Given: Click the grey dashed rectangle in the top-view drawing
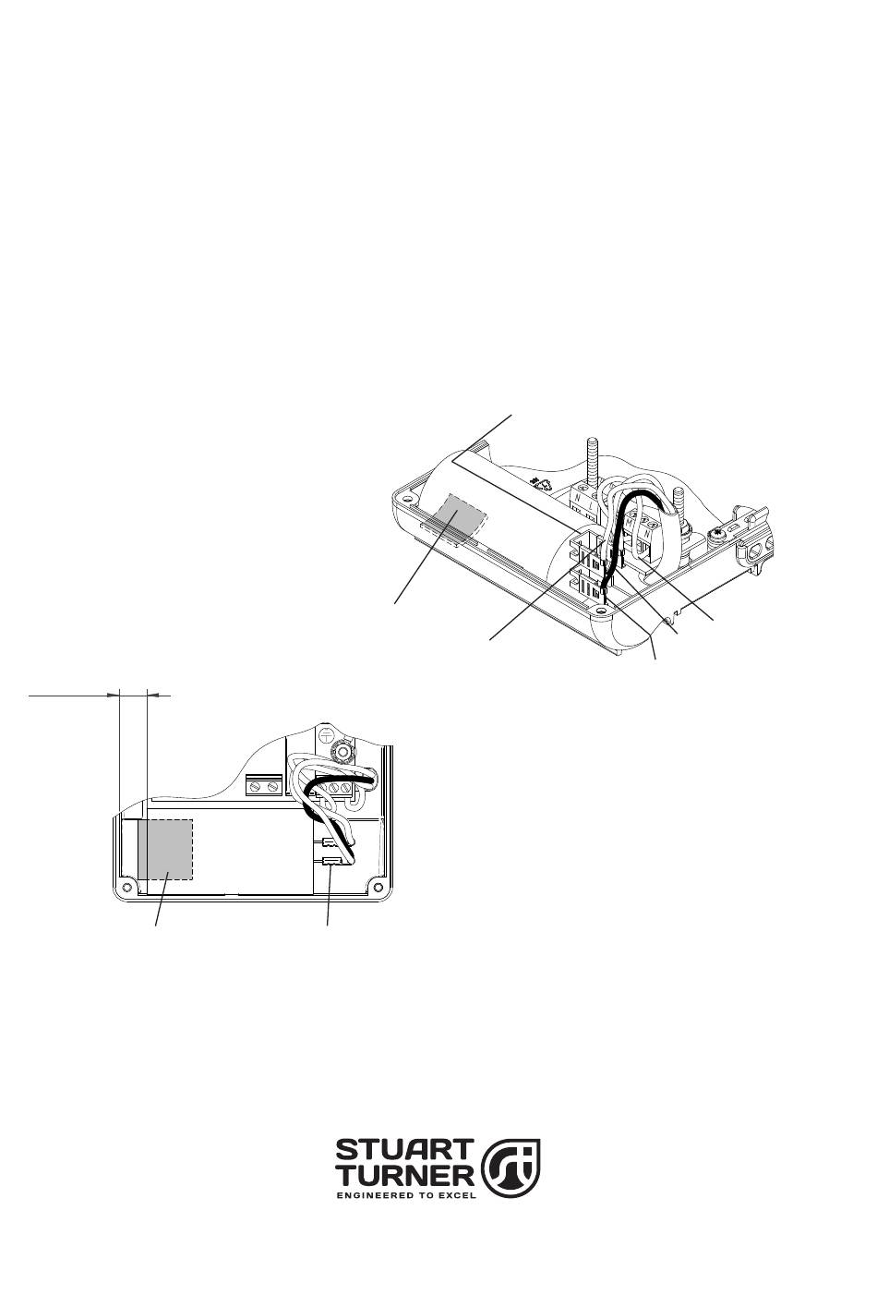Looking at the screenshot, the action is [x=165, y=849].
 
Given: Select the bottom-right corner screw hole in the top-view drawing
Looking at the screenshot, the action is [x=378, y=887].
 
